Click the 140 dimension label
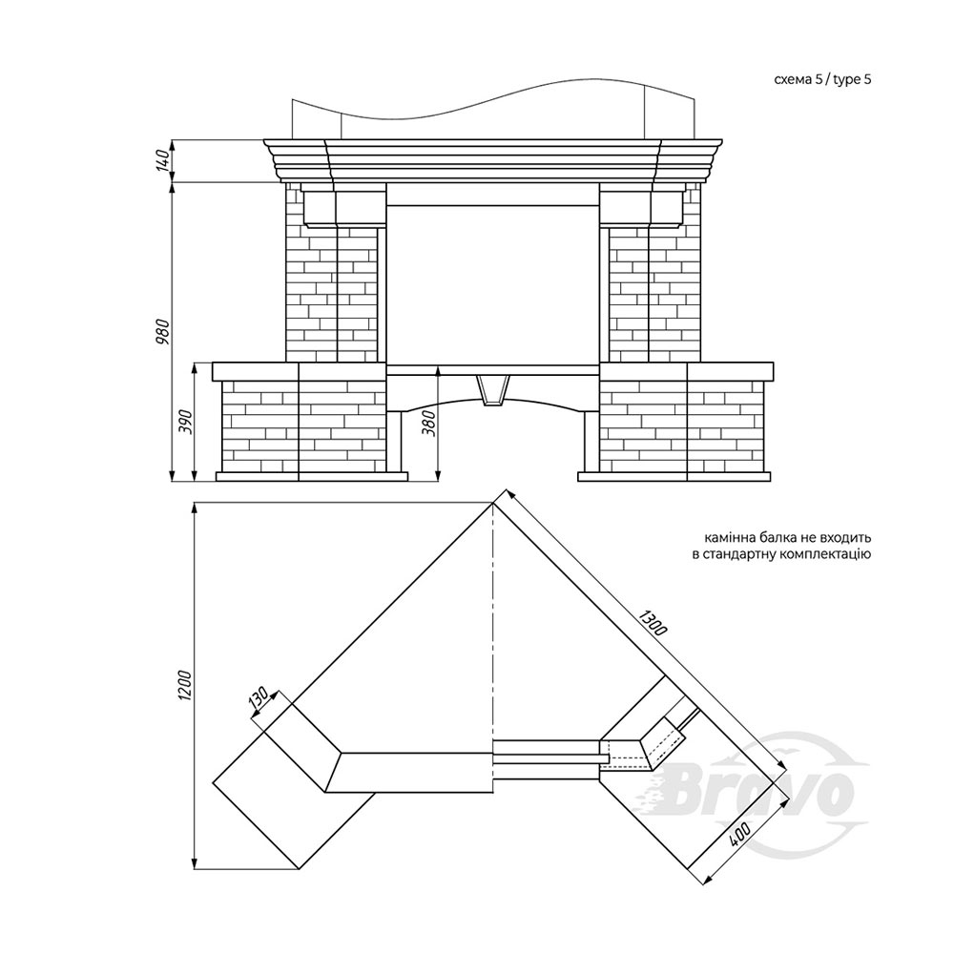[162, 160]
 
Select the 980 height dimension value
[162, 332]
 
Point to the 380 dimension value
[429, 423]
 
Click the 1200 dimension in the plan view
[186, 685]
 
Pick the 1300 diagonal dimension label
[653, 622]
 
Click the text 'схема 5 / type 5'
[822, 80]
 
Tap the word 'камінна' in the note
[727, 538]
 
